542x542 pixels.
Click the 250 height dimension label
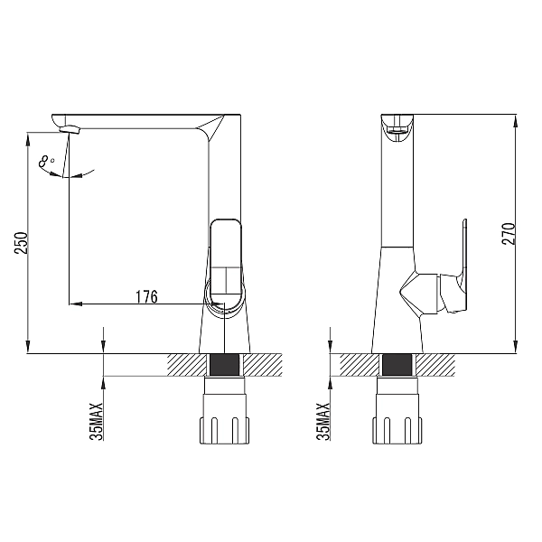point(21,243)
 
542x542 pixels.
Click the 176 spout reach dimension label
point(146,296)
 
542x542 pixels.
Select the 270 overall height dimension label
point(509,234)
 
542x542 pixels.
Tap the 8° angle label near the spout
point(46,162)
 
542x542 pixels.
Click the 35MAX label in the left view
point(97,421)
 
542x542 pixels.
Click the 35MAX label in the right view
point(323,421)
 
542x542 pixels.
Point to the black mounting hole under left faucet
point(224,365)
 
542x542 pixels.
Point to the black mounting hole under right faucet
point(397,365)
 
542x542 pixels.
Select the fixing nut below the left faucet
point(224,411)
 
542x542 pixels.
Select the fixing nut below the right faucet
point(397,411)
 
